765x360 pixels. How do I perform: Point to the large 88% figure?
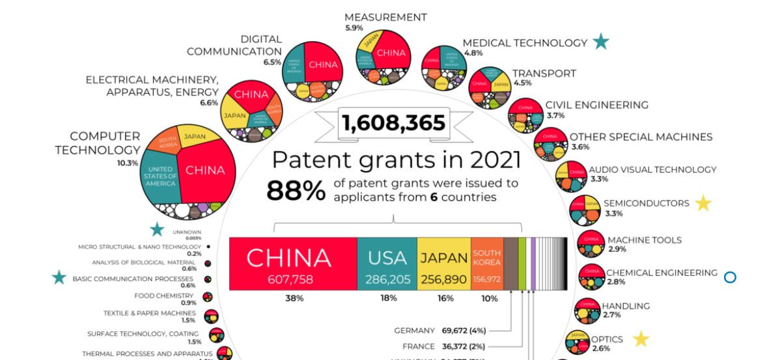(x=295, y=190)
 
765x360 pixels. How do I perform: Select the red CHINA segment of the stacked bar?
(x=292, y=264)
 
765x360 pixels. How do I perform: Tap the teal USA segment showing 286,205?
(x=387, y=264)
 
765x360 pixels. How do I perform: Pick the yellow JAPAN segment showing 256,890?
(x=443, y=264)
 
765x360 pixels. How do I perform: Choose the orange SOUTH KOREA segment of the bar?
(x=486, y=264)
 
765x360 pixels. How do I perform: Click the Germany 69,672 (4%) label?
(x=441, y=331)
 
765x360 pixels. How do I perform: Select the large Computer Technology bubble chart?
(x=188, y=171)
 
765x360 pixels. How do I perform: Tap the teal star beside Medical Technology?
(x=600, y=42)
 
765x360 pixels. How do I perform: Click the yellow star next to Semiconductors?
(x=703, y=204)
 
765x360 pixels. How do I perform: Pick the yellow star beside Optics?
(x=641, y=339)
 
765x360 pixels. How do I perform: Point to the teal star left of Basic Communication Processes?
(x=59, y=278)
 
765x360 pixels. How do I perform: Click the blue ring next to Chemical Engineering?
(x=730, y=277)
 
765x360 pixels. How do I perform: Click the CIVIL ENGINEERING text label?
(x=596, y=105)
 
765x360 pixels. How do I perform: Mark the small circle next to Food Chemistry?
(x=208, y=297)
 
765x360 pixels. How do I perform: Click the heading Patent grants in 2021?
(x=396, y=160)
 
